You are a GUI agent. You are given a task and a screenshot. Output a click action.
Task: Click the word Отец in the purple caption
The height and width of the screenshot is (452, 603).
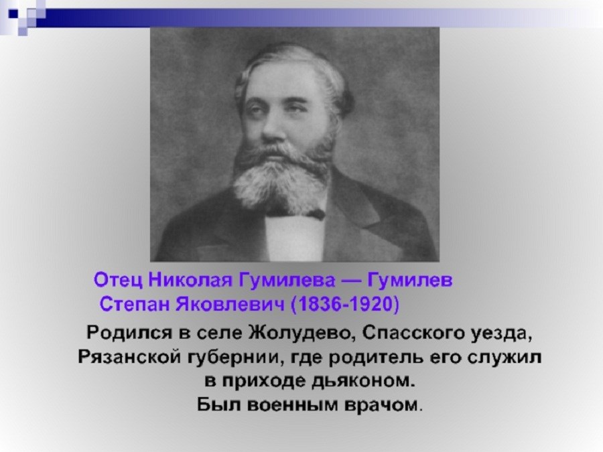point(118,280)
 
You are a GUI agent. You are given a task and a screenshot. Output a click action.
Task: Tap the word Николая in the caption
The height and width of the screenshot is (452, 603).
point(190,280)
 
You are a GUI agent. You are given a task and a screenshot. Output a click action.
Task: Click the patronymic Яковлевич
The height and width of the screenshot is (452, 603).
point(230,304)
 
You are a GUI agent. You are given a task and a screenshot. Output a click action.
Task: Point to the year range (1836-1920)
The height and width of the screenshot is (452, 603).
point(345,305)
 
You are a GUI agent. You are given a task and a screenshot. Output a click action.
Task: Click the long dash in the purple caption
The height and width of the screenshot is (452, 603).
point(351,281)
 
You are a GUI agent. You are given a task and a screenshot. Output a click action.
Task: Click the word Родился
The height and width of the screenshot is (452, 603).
point(129,333)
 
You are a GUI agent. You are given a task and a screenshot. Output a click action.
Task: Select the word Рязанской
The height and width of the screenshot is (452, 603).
point(129,357)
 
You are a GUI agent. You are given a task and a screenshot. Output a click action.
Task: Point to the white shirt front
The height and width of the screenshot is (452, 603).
point(295,238)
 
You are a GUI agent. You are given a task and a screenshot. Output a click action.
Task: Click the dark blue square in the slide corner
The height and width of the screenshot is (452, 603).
point(13,15)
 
